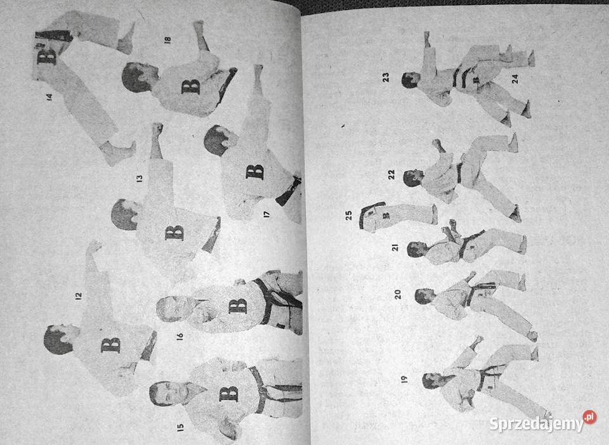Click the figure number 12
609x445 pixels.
tap(79, 295)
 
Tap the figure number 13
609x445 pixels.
tap(140, 178)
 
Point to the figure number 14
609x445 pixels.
tap(49, 98)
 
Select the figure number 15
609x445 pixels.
tap(180, 427)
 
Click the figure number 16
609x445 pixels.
tap(180, 337)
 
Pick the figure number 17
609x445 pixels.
tap(266, 214)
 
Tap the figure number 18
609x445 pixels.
tap(167, 39)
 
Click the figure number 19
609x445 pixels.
tap(405, 379)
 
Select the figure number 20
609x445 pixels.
tap(398, 294)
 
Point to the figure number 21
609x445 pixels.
tap(395, 247)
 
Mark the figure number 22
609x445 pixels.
tap(391, 174)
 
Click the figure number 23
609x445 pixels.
tap(386, 77)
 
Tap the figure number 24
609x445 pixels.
tap(514, 79)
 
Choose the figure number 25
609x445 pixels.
tap(349, 216)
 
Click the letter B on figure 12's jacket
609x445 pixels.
tap(110, 345)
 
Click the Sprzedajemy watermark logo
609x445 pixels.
tap(542, 422)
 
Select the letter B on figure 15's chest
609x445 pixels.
tap(229, 394)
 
